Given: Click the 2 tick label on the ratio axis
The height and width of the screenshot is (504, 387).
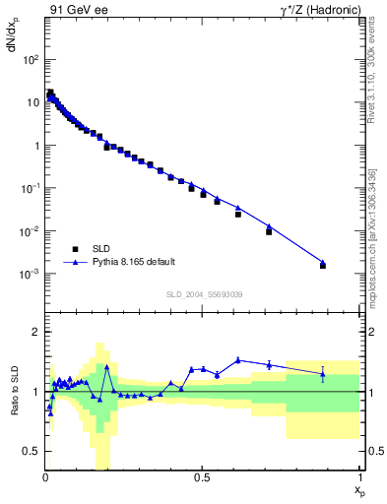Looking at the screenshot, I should [36, 333].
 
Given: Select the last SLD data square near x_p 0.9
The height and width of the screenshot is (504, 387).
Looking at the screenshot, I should [323, 266].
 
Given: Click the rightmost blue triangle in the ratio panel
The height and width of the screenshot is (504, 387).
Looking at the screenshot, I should [323, 372].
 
